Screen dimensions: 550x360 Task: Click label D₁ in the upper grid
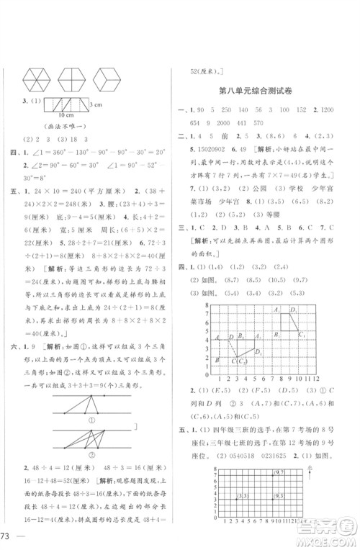click(293, 289)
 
